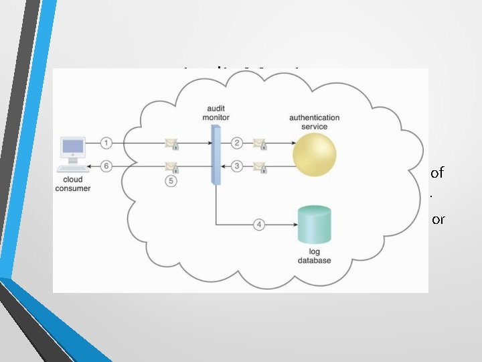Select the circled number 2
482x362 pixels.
tap(236, 143)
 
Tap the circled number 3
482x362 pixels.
tap(236, 166)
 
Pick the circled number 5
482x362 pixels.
tap(171, 182)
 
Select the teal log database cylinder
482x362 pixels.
tap(315, 226)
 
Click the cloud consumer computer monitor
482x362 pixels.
tap(72, 147)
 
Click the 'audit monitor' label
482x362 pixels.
tap(215, 113)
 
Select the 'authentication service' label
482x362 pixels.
tap(315, 122)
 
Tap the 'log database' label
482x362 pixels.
tap(315, 257)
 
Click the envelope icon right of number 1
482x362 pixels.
tap(171, 143)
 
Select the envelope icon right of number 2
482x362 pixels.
tap(259, 143)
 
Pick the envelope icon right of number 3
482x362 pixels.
tap(259, 166)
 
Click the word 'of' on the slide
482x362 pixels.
tap(437, 173)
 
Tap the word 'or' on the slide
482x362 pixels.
tap(438, 219)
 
